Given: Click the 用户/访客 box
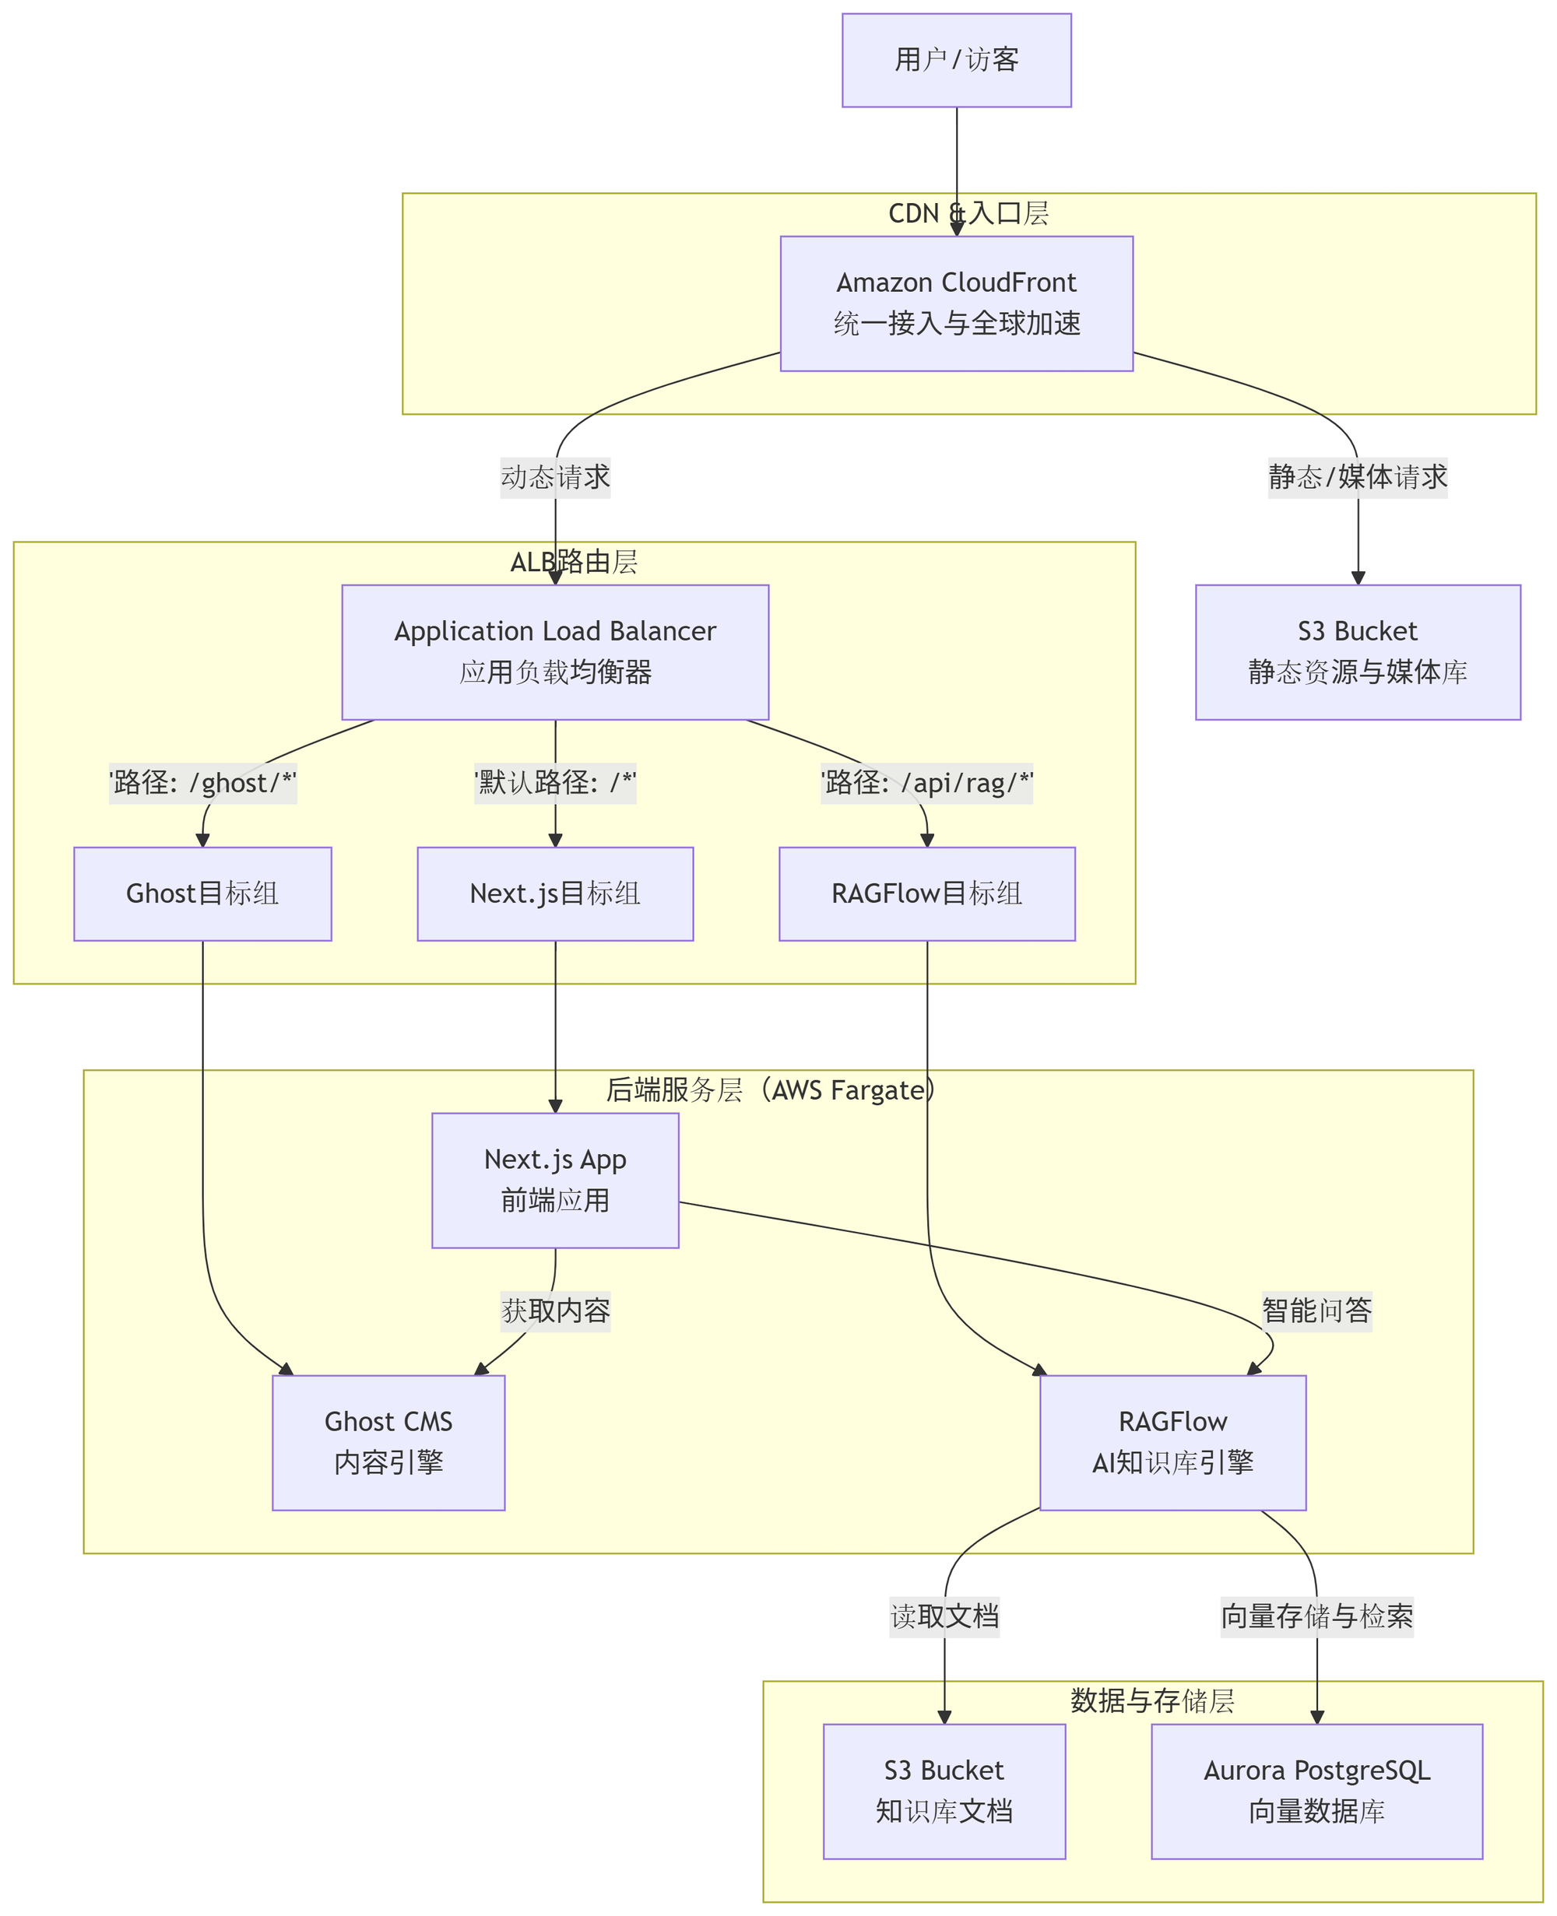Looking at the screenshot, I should pos(956,60).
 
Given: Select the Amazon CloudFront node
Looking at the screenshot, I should pos(956,303).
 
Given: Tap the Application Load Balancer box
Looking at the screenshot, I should pos(555,652).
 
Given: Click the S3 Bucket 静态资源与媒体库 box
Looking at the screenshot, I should pos(1357,652).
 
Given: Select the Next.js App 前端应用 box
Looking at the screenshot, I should pos(555,1180).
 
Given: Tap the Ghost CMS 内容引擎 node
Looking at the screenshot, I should pos(388,1443).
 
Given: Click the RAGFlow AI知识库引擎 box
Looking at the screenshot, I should pos(1172,1443).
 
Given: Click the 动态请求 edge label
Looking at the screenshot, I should pos(555,477).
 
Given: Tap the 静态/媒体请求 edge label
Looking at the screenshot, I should pos(1357,477).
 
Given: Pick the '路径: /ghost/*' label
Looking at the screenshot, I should pos(202,783).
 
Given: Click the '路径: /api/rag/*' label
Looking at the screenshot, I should pos(926,783).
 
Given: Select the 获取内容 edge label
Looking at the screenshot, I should pos(555,1311).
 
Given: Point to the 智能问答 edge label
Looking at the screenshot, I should pos(1316,1311).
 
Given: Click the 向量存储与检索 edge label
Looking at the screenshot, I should pos(1316,1616).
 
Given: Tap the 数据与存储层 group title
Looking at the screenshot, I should pos(1151,1700).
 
